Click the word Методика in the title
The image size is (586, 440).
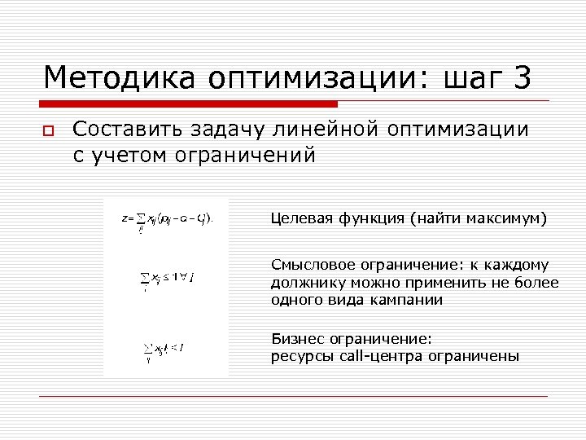coord(120,78)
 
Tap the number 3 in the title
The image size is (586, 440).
coord(522,78)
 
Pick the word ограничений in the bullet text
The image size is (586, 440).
coord(244,155)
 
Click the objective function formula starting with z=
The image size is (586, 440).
coord(166,220)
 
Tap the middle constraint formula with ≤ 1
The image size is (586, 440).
coord(169,278)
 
